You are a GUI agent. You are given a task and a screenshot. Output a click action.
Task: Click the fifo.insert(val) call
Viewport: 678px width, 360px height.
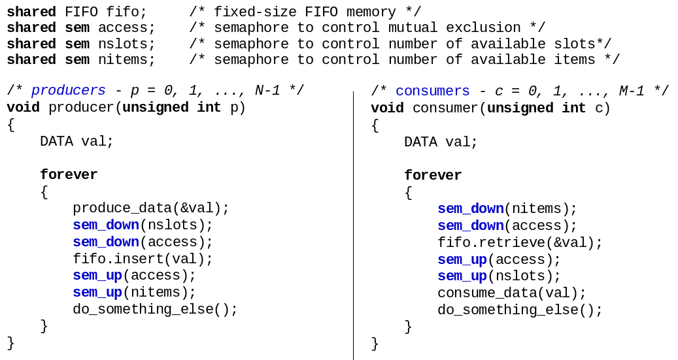click(143, 259)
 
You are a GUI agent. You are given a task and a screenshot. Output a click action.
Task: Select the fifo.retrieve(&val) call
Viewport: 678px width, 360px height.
click(520, 243)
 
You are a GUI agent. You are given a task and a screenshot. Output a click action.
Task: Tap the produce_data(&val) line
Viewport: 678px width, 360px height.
click(151, 208)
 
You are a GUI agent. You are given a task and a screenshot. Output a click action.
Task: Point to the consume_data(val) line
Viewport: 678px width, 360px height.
click(512, 293)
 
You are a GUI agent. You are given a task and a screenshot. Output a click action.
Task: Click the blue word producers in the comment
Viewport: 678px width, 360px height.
click(68, 91)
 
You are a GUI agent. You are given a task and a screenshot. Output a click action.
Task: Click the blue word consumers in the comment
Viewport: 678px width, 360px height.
click(432, 91)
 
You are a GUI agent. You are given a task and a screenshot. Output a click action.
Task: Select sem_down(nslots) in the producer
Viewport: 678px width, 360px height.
click(143, 225)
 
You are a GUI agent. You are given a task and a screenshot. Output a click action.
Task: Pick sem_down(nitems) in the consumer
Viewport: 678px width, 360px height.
click(507, 209)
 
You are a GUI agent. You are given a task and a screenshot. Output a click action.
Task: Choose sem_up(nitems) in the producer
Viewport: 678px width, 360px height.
click(134, 292)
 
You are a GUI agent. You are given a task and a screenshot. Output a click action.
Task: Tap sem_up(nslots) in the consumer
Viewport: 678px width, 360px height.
click(499, 276)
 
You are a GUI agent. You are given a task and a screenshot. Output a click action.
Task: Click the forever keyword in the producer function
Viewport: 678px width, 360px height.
click(69, 175)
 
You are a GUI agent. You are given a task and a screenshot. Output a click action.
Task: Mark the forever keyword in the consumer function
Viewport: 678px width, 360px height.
click(433, 176)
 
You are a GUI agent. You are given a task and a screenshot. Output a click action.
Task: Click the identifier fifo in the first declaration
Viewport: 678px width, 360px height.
click(126, 12)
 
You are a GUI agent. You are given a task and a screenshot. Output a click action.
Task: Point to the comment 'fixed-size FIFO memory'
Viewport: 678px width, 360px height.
click(305, 12)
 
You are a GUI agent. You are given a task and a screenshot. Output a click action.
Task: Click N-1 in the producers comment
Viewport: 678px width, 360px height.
click(267, 91)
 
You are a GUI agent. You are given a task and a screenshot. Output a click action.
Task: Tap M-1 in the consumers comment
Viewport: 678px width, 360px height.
click(632, 91)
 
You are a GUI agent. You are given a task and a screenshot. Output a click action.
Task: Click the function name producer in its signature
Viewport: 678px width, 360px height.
click(81, 107)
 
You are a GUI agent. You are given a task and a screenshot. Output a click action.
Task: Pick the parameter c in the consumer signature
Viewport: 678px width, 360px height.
click(598, 108)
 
